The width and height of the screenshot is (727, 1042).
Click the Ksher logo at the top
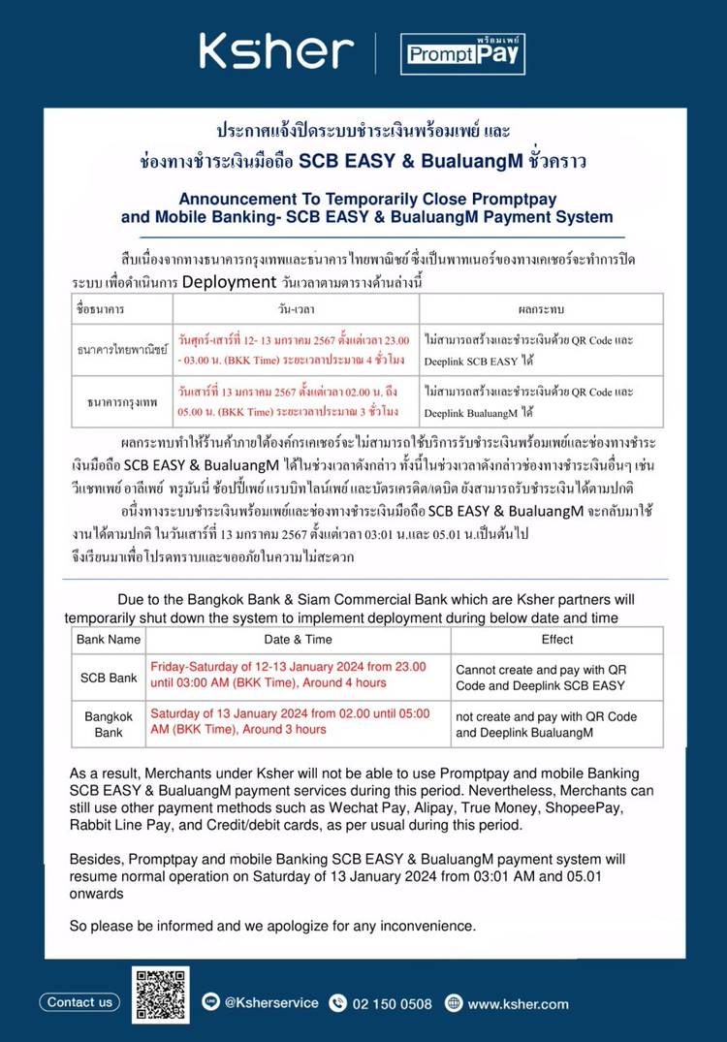tap(277, 50)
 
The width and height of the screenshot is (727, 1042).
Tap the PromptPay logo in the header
tap(462, 54)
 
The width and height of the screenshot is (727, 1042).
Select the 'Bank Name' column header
tap(109, 640)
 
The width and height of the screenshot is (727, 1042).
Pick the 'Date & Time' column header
tap(298, 640)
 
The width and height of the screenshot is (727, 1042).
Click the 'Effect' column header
tap(557, 640)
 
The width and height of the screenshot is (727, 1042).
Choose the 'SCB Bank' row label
tap(109, 678)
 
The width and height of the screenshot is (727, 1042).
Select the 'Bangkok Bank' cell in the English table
tap(109, 724)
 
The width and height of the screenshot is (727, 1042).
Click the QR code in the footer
tap(161, 995)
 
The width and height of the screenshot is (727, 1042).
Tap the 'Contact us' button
tap(79, 1002)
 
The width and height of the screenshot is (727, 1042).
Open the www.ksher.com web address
tap(518, 1003)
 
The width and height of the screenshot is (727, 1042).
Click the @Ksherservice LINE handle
tap(270, 1002)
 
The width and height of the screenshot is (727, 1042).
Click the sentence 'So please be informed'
tap(272, 926)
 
